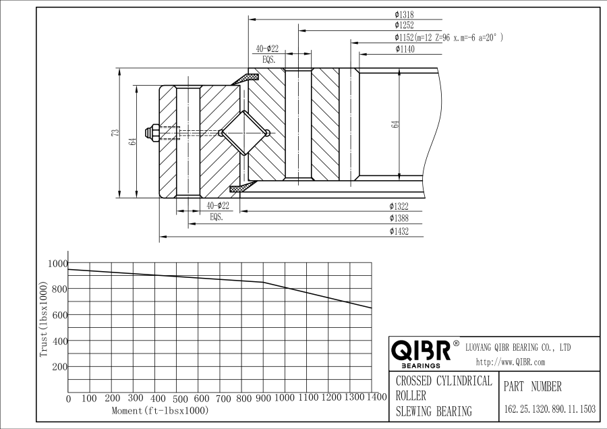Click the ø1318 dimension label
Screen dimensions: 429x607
[x=405, y=14]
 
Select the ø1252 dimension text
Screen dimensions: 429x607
[x=405, y=26]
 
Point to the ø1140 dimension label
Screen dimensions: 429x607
[x=405, y=49]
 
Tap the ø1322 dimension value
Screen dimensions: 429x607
[x=399, y=206]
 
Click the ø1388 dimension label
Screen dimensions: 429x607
[x=399, y=219]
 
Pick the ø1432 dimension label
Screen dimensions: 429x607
[x=399, y=231]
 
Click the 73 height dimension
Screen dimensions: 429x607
[x=115, y=133]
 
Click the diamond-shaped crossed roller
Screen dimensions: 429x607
[x=245, y=132]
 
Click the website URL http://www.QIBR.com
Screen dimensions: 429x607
[x=511, y=362]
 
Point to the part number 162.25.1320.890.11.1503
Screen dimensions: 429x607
[x=550, y=409]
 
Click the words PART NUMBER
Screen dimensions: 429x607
[x=533, y=387]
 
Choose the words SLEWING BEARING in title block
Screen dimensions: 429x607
[x=434, y=411]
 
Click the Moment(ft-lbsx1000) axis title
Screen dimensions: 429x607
[x=160, y=410]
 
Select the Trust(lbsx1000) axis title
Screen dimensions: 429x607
[x=44, y=321]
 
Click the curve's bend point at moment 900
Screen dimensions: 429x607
[x=263, y=283]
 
